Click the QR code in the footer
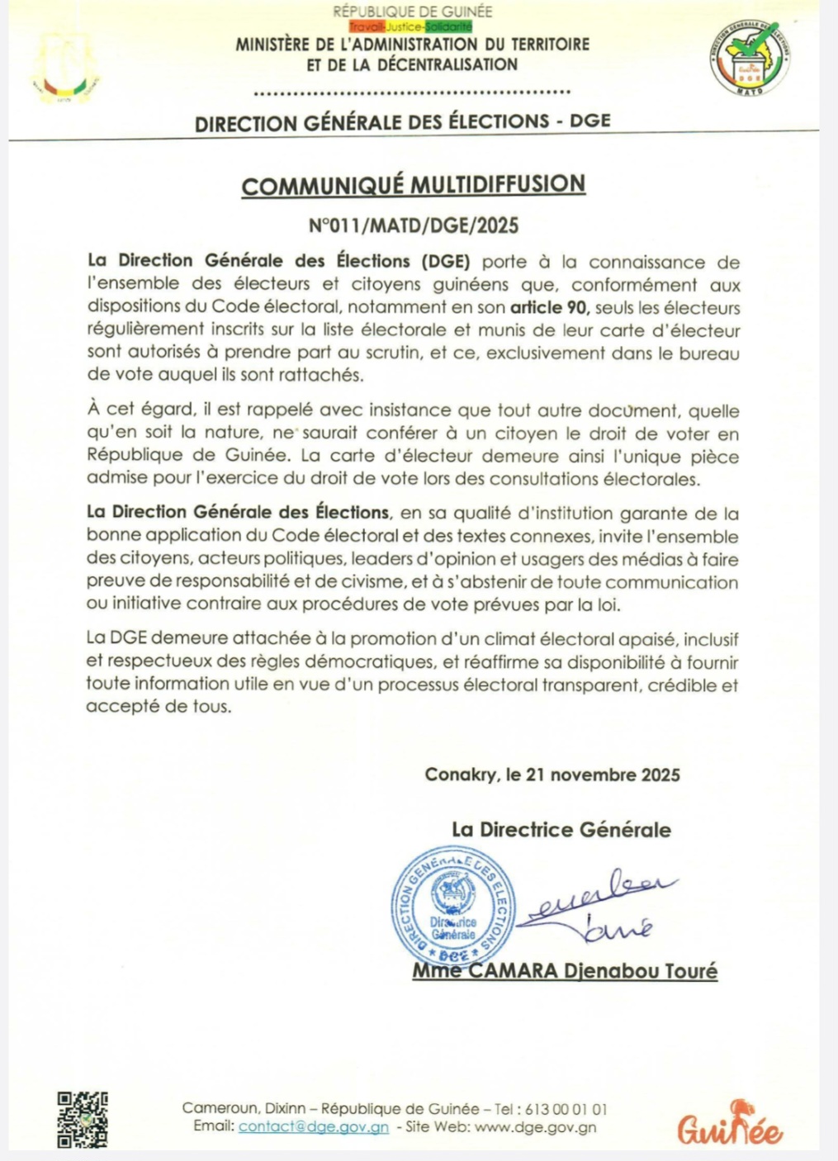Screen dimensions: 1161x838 [x=83, y=1120]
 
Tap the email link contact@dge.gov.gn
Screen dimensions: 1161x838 [x=314, y=1127]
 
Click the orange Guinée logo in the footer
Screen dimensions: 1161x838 [x=730, y=1125]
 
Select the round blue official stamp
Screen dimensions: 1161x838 [x=452, y=907]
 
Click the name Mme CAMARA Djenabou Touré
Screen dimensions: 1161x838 [x=565, y=971]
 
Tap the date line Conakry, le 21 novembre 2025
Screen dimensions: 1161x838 [x=552, y=775]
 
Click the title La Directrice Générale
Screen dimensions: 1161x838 [x=561, y=830]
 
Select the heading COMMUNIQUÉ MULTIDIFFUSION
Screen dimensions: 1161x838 [x=414, y=185]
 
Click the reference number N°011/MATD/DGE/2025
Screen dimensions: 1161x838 [x=414, y=225]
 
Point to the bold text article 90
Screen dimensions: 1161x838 [x=549, y=308]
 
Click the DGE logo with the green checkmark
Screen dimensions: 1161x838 [x=750, y=57]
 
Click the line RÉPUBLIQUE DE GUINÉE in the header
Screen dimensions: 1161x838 [x=412, y=12]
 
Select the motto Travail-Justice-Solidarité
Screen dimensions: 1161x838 [x=410, y=27]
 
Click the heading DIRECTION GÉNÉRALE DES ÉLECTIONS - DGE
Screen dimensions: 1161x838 [x=403, y=121]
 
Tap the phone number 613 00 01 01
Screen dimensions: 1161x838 [x=566, y=1109]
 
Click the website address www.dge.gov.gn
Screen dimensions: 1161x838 [x=536, y=1127]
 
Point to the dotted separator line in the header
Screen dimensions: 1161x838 [x=412, y=92]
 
